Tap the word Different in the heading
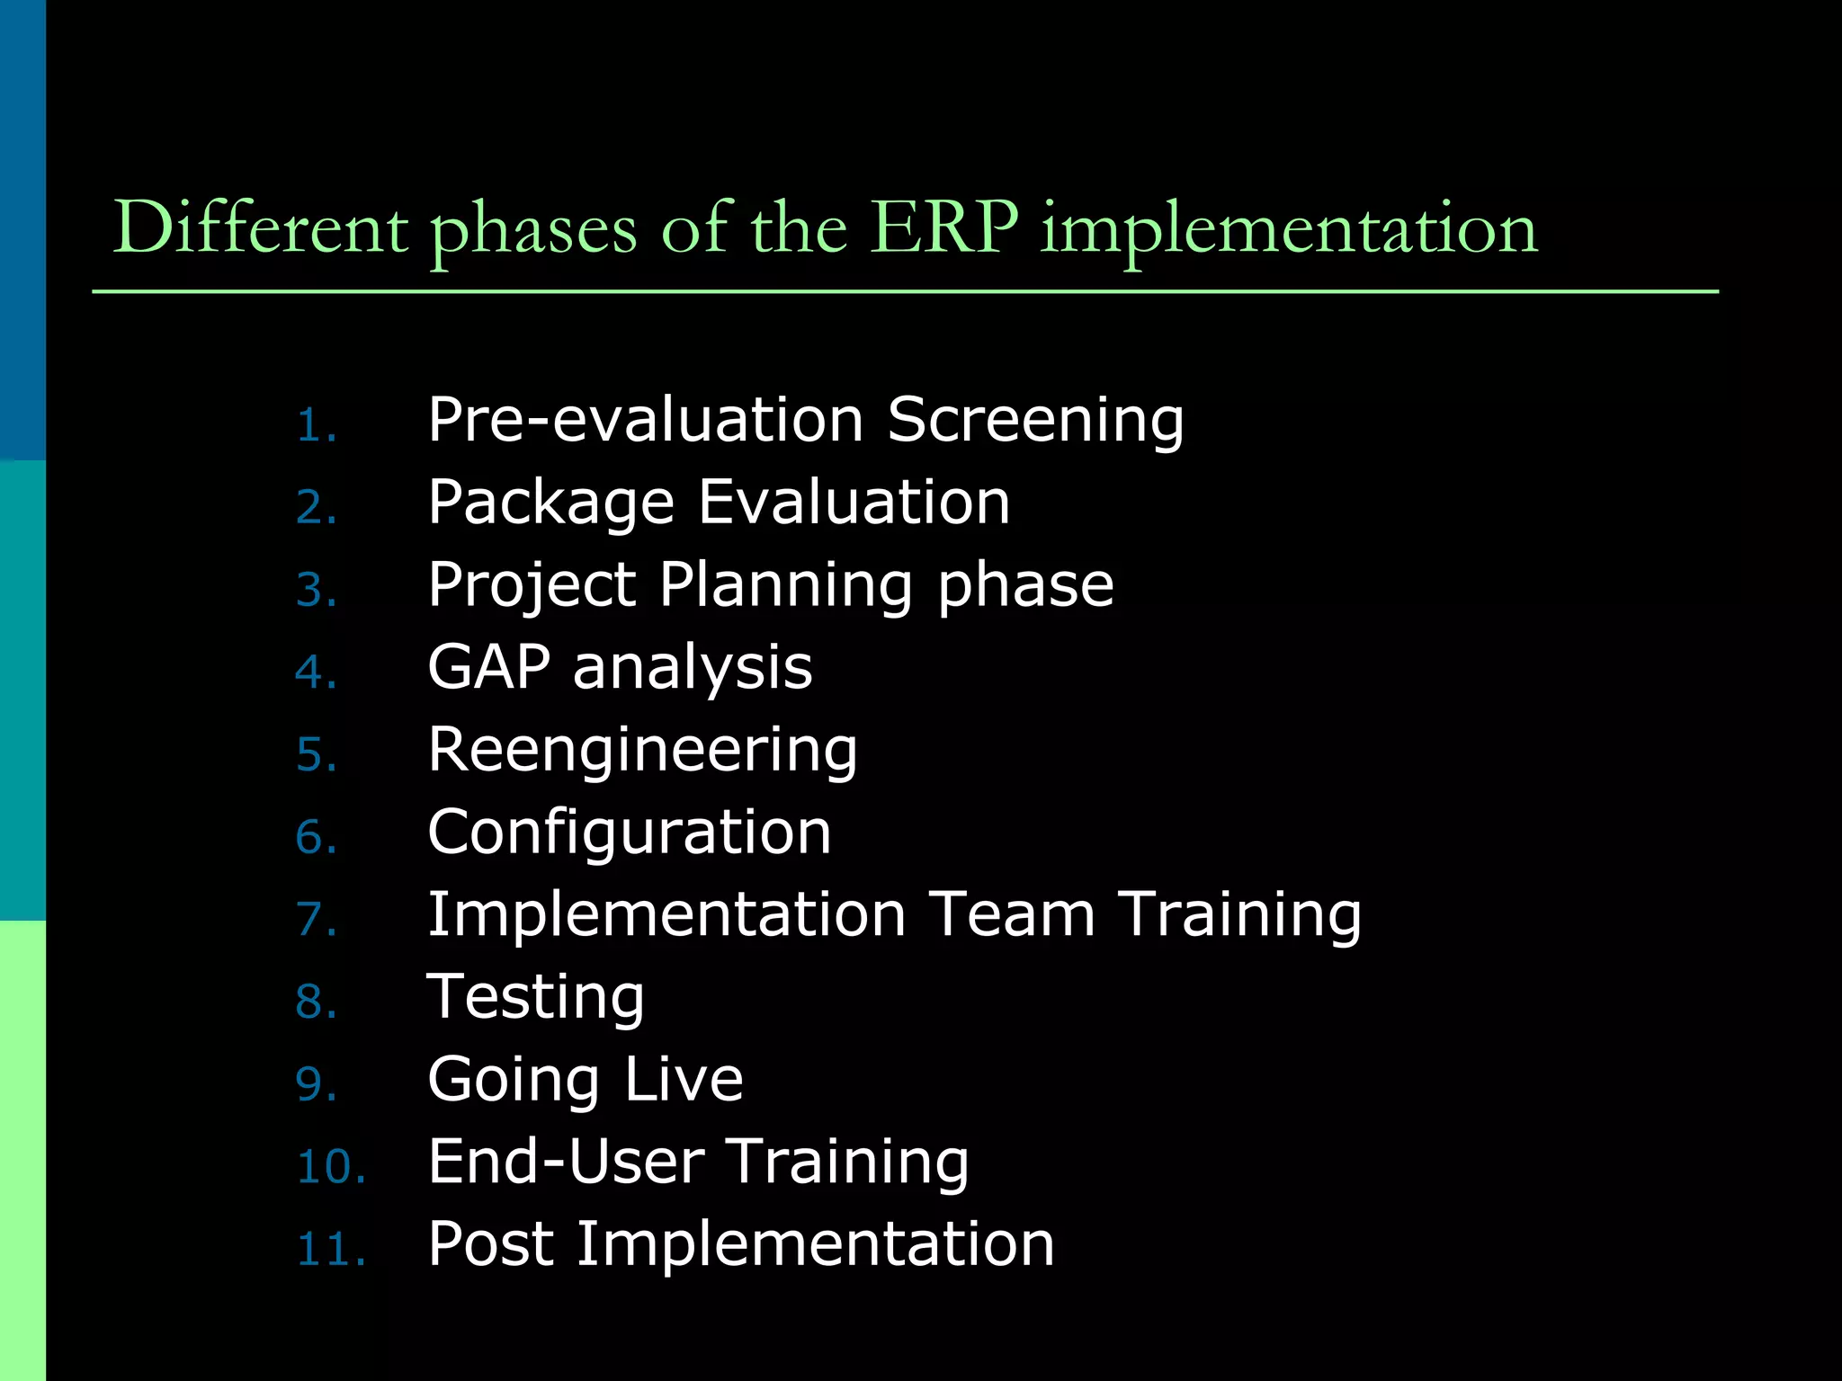pos(261,228)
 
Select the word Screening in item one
pos(1035,421)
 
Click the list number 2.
pos(316,508)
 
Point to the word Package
pos(550,503)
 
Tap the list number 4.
pos(316,673)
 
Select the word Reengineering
pos(642,751)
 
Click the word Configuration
pos(630,833)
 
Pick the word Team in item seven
pos(1011,914)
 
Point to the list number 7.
pos(316,920)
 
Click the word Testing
pos(536,998)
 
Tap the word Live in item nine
pos(684,1079)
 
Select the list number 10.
pos(330,1167)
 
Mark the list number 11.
pos(330,1250)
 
